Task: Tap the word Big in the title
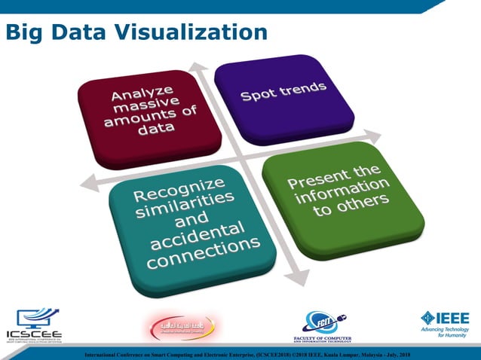click(x=23, y=32)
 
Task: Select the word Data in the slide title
click(x=78, y=32)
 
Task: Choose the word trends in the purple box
click(x=303, y=90)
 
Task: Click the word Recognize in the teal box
click(x=179, y=189)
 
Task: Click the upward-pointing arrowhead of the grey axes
click(x=197, y=67)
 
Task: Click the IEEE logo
click(x=444, y=324)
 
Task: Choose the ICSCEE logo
click(x=35, y=325)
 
